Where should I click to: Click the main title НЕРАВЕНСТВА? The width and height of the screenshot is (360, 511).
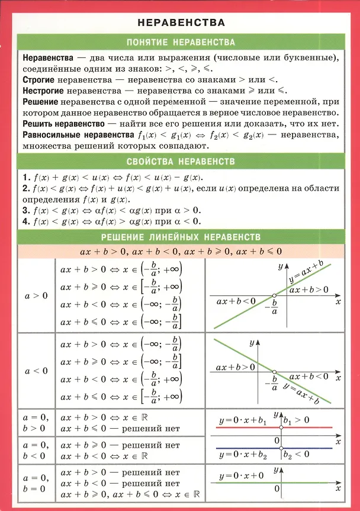pyautogui.click(x=181, y=23)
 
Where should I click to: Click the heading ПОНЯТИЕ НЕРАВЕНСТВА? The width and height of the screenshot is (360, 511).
pyautogui.click(x=181, y=43)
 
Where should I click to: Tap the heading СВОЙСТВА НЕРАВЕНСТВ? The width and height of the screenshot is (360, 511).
pyautogui.click(x=181, y=161)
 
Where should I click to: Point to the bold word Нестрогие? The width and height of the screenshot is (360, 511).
pyautogui.click(x=44, y=91)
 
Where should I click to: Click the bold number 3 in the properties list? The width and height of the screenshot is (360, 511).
pyautogui.click(x=25, y=210)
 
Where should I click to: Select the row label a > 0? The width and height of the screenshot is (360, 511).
pyautogui.click(x=36, y=295)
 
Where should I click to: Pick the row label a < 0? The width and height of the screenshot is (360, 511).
pyautogui.click(x=36, y=371)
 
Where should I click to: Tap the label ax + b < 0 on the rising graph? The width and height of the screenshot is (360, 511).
pyautogui.click(x=236, y=301)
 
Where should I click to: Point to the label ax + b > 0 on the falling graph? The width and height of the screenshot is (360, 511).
pyautogui.click(x=235, y=367)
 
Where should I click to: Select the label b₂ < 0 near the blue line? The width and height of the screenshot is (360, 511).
pyautogui.click(x=296, y=455)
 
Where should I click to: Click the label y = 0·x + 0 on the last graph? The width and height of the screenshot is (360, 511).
pyautogui.click(x=241, y=475)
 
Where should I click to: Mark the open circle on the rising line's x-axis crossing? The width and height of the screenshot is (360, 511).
pyautogui.click(x=274, y=295)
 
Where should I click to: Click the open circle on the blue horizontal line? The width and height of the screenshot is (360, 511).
pyautogui.click(x=280, y=448)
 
